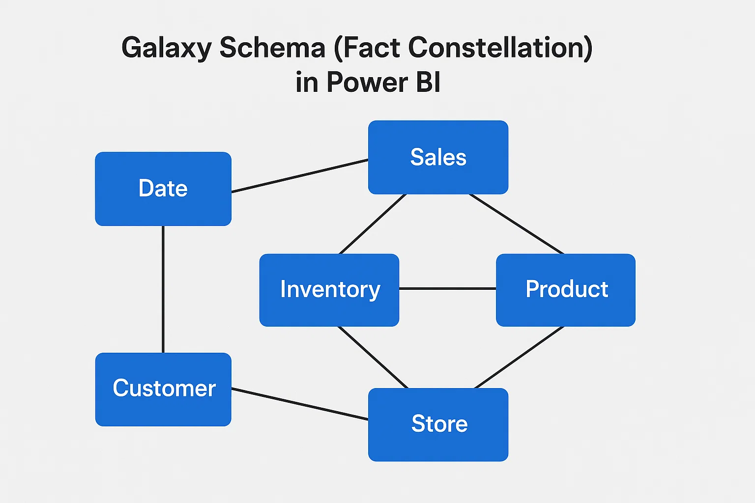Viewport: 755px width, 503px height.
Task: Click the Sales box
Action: point(438,157)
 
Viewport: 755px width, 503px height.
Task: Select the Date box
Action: point(163,189)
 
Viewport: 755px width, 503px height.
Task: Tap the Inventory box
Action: point(329,290)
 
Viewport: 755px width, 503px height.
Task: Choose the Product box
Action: point(566,290)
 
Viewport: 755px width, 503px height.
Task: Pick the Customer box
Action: point(163,390)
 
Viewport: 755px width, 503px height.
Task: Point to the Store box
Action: point(438,425)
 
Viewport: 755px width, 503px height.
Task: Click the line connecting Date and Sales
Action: point(300,176)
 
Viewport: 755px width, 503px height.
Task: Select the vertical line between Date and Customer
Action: point(163,289)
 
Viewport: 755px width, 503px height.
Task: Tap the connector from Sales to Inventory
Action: point(373,224)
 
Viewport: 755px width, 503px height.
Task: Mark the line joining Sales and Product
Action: point(517,224)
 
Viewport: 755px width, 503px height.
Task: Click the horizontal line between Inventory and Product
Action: point(448,289)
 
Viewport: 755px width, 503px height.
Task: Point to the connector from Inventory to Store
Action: point(373,358)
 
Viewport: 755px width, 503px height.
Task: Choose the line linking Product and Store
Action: point(519,358)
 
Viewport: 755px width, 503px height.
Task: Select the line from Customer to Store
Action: point(300,404)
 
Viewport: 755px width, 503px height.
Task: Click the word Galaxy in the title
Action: point(167,48)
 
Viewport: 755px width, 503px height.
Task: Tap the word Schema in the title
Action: point(272,47)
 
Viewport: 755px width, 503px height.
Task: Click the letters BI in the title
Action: point(429,82)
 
